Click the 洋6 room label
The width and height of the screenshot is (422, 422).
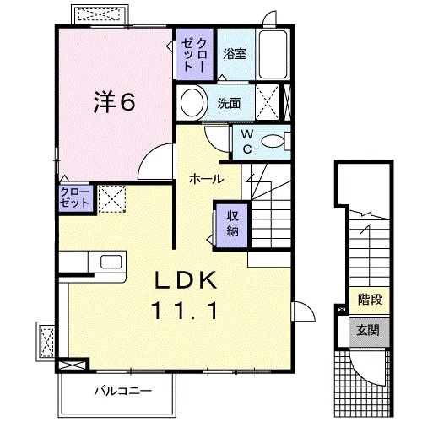pyautogui.click(x=113, y=101)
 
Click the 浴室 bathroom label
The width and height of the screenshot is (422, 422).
pyautogui.click(x=235, y=54)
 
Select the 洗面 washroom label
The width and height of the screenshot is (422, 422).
pyautogui.click(x=230, y=104)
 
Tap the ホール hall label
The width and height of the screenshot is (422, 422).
pyautogui.click(x=206, y=178)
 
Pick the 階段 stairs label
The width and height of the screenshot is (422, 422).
pyautogui.click(x=370, y=298)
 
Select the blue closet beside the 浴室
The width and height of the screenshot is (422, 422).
pyautogui.click(x=195, y=53)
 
